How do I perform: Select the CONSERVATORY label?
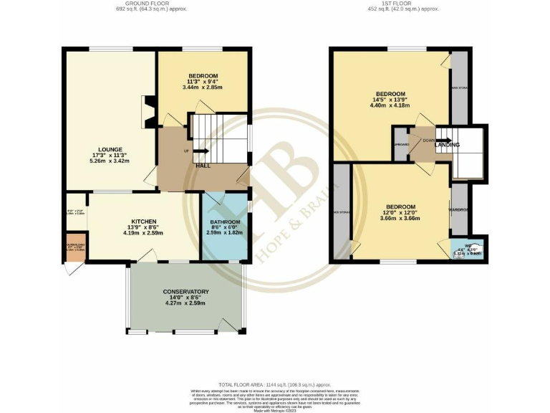[x=185, y=292]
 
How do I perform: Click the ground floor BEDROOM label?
[x=203, y=76]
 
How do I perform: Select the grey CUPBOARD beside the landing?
[x=402, y=143]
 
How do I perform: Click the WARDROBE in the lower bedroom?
[x=458, y=209]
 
